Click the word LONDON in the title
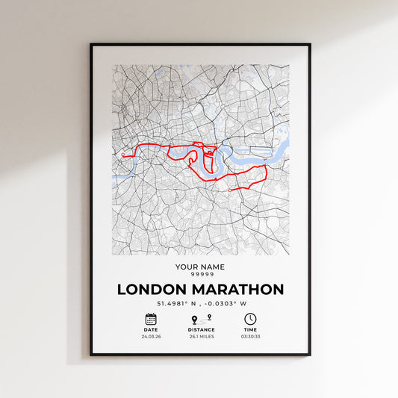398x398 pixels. [152, 289]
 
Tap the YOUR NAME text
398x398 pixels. [199, 267]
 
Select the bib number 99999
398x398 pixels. [199, 274]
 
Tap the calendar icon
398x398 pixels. [151, 319]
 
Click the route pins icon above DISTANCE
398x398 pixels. [201, 319]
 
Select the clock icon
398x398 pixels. [250, 319]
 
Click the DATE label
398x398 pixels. [151, 329]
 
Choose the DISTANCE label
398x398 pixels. [201, 329]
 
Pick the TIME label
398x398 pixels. [250, 329]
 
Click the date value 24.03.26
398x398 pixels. [151, 337]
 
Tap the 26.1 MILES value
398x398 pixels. [201, 337]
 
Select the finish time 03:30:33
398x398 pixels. [250, 337]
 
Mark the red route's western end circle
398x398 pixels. [123, 155]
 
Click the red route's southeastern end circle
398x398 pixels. [229, 190]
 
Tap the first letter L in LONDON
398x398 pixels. [122, 289]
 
